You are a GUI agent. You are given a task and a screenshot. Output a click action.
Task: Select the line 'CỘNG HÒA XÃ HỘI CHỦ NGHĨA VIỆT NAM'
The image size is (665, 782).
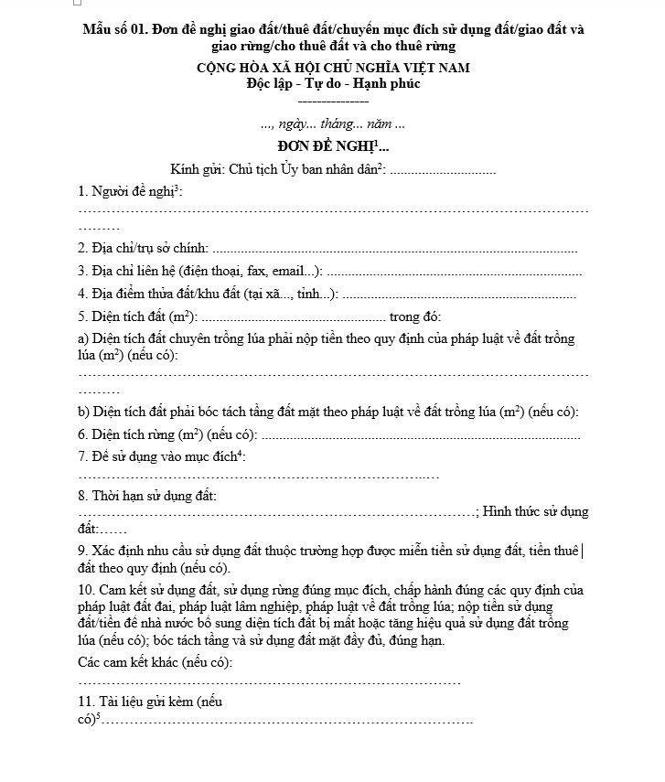(333, 69)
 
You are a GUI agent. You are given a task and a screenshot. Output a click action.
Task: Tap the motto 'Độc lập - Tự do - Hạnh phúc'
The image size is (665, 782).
(333, 84)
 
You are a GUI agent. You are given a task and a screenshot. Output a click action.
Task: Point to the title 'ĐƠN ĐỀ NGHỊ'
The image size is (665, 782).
(328, 146)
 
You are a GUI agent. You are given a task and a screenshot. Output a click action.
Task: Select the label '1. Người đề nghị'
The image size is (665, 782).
(128, 192)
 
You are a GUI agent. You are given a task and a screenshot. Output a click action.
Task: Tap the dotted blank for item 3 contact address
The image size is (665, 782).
(454, 272)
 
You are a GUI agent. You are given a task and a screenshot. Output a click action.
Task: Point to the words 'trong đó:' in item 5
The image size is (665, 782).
(415, 317)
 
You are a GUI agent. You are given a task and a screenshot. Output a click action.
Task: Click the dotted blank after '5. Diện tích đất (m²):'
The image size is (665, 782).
(293, 318)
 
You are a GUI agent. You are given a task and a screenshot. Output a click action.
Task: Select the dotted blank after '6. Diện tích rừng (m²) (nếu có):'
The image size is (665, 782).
(421, 435)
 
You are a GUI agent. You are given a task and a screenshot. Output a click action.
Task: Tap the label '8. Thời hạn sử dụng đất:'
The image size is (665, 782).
(147, 497)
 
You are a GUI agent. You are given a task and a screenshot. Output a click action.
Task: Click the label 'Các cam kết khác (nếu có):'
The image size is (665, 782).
(155, 661)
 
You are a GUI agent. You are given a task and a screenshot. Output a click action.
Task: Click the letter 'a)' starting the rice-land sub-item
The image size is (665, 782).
(83, 339)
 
